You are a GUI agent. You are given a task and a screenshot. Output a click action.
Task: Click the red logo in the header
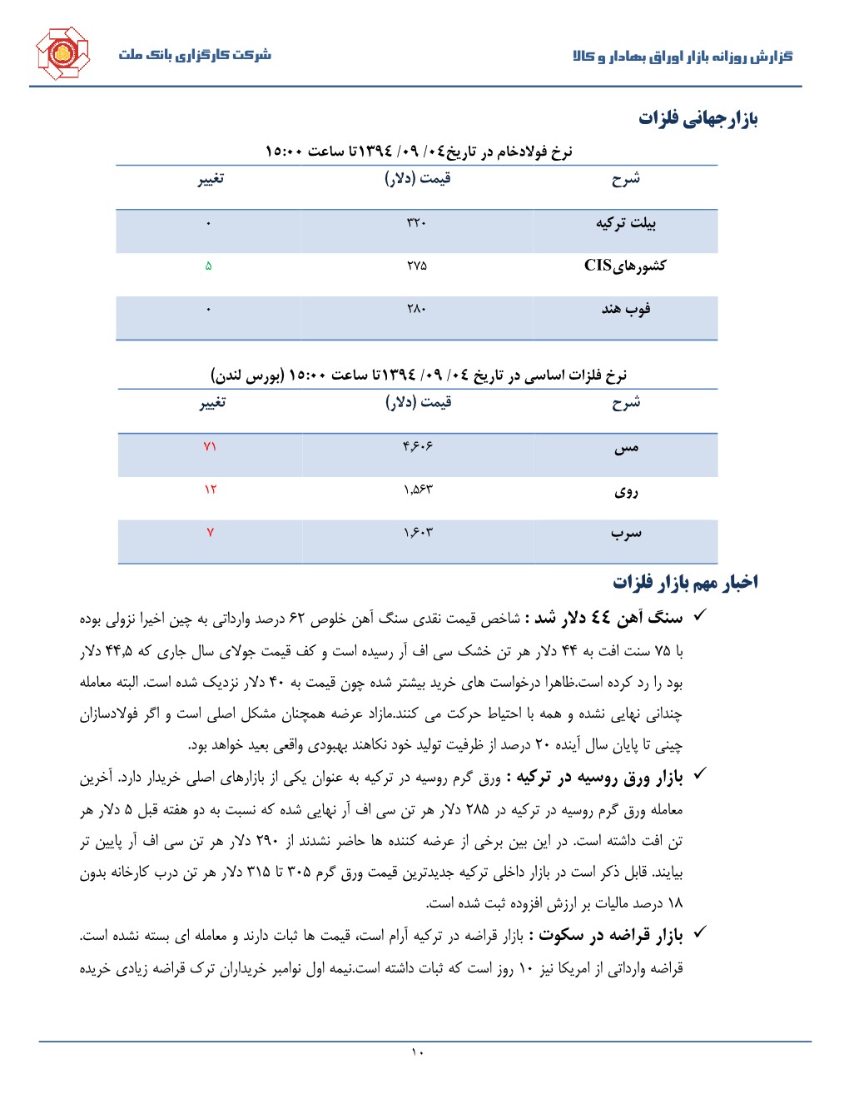point(62,53)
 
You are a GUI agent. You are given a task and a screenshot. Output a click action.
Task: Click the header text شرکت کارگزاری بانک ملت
point(195,55)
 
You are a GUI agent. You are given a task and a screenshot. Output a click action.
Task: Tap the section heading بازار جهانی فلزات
point(698,118)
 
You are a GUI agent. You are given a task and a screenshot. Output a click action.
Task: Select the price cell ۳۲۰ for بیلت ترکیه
point(416,222)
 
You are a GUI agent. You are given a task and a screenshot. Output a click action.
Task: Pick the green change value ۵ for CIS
point(208,266)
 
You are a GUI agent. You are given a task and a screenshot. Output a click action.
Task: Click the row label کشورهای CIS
point(625,266)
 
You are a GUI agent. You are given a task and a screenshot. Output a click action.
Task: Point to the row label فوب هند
point(626,309)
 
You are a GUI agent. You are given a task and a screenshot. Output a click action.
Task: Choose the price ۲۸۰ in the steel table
point(416,309)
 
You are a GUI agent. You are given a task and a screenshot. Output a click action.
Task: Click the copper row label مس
point(626,448)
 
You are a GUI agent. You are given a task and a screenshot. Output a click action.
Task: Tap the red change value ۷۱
point(210,446)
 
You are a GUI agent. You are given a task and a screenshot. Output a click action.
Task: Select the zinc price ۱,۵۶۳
point(418,490)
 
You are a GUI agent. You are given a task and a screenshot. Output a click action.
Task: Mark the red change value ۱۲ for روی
point(210,490)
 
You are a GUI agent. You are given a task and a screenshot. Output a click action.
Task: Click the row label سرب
point(626,533)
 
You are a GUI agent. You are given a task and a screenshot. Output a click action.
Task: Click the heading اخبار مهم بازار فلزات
point(685,582)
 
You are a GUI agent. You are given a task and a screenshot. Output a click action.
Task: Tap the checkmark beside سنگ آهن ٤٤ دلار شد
point(700,615)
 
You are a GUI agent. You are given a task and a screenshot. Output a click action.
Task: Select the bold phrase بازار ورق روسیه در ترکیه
point(599,778)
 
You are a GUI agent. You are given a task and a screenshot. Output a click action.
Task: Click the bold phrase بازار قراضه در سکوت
point(610,936)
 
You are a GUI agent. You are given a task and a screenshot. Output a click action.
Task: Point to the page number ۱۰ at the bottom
point(418,1052)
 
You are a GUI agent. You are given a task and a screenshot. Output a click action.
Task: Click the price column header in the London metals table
point(418,402)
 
